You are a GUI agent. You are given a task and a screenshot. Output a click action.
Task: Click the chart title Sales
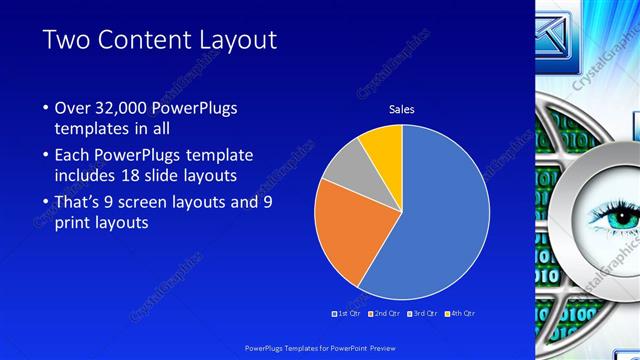coord(401,109)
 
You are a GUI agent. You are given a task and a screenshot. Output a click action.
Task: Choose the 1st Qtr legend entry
coord(347,314)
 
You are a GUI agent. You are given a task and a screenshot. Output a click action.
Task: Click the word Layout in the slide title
coord(228,40)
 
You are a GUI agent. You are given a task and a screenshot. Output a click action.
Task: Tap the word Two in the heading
coord(67,40)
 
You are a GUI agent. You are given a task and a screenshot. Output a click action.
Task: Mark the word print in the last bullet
coord(72,223)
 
